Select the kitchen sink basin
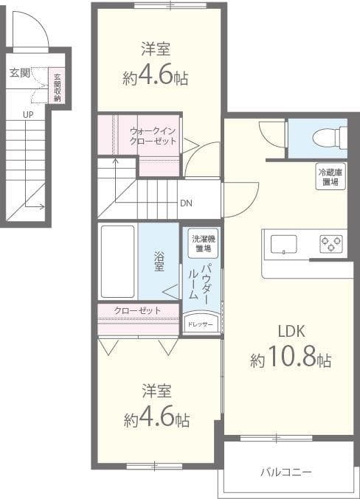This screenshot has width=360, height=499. pos(283,243)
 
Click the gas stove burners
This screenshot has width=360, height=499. pos(332,243)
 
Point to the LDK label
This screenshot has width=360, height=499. pos(291,330)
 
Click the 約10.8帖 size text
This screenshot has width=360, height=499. pos(291,360)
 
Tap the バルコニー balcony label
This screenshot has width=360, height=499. pos(286,472)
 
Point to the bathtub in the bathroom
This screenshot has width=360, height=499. pos(118,261)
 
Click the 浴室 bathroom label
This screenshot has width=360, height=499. pos(159,262)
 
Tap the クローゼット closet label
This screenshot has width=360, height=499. pos(137,310)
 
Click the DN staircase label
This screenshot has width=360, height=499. pos(186,203)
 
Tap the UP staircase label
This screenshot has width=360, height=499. pos(27,114)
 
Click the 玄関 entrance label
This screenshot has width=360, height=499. pos(20,73)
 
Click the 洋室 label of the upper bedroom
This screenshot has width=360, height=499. pos(156,49)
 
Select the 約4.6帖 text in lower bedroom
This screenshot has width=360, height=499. pos(156,419)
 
